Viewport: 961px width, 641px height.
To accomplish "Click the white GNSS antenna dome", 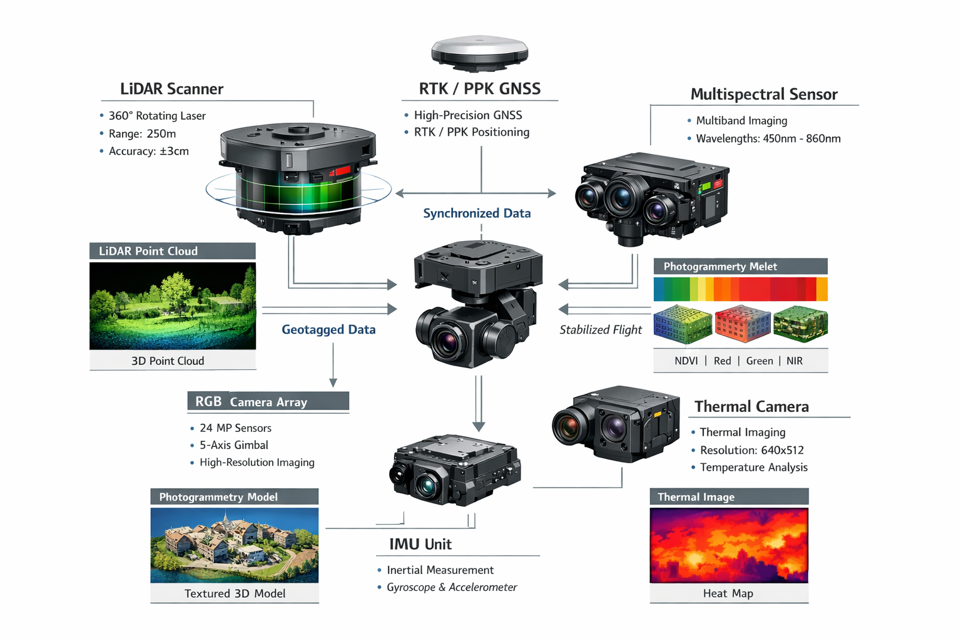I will [479, 50].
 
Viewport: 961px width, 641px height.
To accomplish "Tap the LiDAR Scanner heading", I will [171, 89].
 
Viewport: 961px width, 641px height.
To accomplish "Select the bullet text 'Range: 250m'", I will [142, 134].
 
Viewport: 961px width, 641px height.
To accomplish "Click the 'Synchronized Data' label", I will [477, 213].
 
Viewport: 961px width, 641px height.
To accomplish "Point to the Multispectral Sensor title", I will [763, 95].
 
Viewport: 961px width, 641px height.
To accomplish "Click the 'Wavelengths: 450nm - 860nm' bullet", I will [768, 139].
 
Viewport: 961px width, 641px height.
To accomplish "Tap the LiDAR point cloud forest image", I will [173, 305].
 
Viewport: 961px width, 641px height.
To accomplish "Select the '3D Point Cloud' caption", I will [168, 361].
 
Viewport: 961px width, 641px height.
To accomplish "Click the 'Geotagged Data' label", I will [328, 330].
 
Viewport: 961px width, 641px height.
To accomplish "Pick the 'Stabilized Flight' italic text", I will [601, 330].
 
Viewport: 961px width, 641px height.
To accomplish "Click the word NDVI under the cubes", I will [686, 361].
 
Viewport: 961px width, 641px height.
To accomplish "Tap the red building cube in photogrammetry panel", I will [742, 323].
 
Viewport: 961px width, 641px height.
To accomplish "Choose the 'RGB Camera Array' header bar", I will [268, 402].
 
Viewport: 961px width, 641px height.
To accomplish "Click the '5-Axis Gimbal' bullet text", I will [233, 445].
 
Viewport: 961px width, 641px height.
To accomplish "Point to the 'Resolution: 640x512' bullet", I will [751, 450].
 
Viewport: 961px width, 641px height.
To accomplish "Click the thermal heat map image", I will [729, 545].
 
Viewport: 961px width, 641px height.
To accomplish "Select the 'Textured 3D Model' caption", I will [235, 593].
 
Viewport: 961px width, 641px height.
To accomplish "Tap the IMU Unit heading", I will [420, 545].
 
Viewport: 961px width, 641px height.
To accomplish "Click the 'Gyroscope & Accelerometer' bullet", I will [452, 587].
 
